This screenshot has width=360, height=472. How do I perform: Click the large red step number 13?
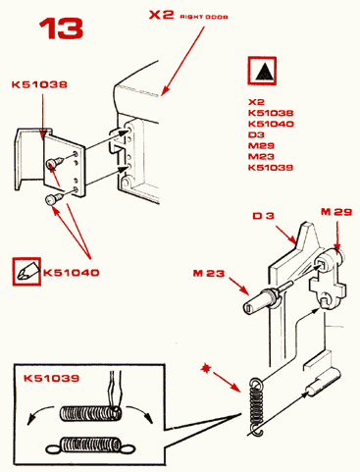pos(61,28)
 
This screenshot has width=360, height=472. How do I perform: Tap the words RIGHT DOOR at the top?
pos(204,17)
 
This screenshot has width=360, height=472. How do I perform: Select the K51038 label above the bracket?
pos(39,84)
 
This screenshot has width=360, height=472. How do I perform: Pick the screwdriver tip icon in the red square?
pos(26,272)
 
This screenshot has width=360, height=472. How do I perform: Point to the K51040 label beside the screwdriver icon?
pos(71,273)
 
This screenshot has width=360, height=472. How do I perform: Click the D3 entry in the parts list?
pos(256,134)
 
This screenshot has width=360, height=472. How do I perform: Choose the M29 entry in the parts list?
pos(261,145)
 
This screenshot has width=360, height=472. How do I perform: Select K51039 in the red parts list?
pos(271,168)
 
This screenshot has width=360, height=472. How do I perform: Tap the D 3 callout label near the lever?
pos(263,216)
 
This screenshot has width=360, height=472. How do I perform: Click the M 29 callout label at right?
pos(336,212)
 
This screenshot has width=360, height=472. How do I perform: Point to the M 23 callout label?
pos(209,273)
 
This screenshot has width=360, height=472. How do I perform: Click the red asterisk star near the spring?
pos(206,368)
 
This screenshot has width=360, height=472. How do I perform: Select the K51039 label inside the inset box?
pos(51,378)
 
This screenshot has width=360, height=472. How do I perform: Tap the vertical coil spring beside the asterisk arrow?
pos(257,406)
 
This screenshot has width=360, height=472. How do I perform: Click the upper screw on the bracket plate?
pos(53,163)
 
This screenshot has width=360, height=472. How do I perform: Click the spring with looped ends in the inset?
pos(91,446)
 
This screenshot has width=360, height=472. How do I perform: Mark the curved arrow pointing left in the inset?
pos(39,413)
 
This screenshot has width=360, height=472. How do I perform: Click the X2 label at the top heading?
pos(161,15)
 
